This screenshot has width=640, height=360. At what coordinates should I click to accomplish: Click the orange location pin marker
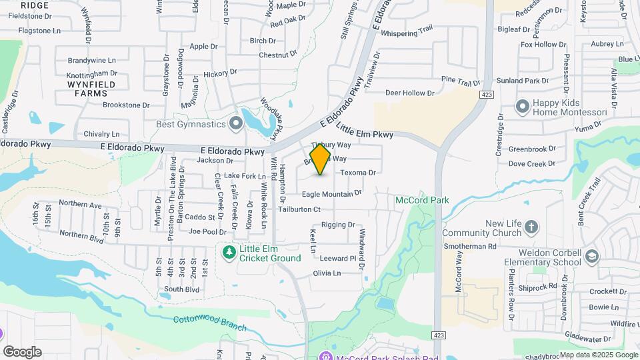pos(320,159)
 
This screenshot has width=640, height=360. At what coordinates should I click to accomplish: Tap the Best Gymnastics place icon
pos(235,123)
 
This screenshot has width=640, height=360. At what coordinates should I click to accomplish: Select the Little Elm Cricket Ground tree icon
pos(229,252)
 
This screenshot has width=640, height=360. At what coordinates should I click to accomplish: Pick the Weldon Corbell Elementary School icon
pos(591,257)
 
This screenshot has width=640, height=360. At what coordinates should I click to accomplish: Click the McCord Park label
pos(422,200)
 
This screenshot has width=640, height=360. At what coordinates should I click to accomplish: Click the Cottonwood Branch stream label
pos(210,323)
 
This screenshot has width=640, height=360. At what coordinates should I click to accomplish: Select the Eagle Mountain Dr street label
pos(331,193)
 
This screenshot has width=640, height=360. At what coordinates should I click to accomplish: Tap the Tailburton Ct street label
pos(299,209)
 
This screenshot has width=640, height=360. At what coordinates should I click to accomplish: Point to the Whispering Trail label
pos(408,32)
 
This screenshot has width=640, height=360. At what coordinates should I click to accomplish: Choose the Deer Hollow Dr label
pos(409,93)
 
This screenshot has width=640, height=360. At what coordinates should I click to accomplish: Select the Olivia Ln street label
pos(327,273)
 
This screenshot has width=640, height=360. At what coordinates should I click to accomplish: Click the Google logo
pos(22,351)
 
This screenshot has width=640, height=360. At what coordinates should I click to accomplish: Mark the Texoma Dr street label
pos(359,173)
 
